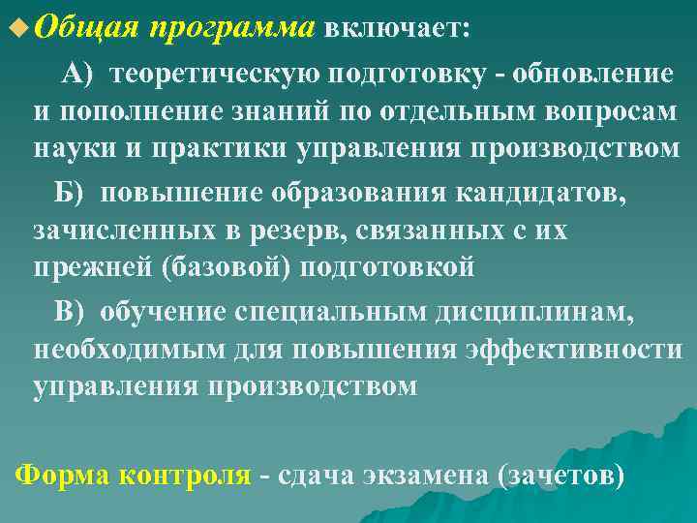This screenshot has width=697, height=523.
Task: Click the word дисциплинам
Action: click(x=531, y=310)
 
